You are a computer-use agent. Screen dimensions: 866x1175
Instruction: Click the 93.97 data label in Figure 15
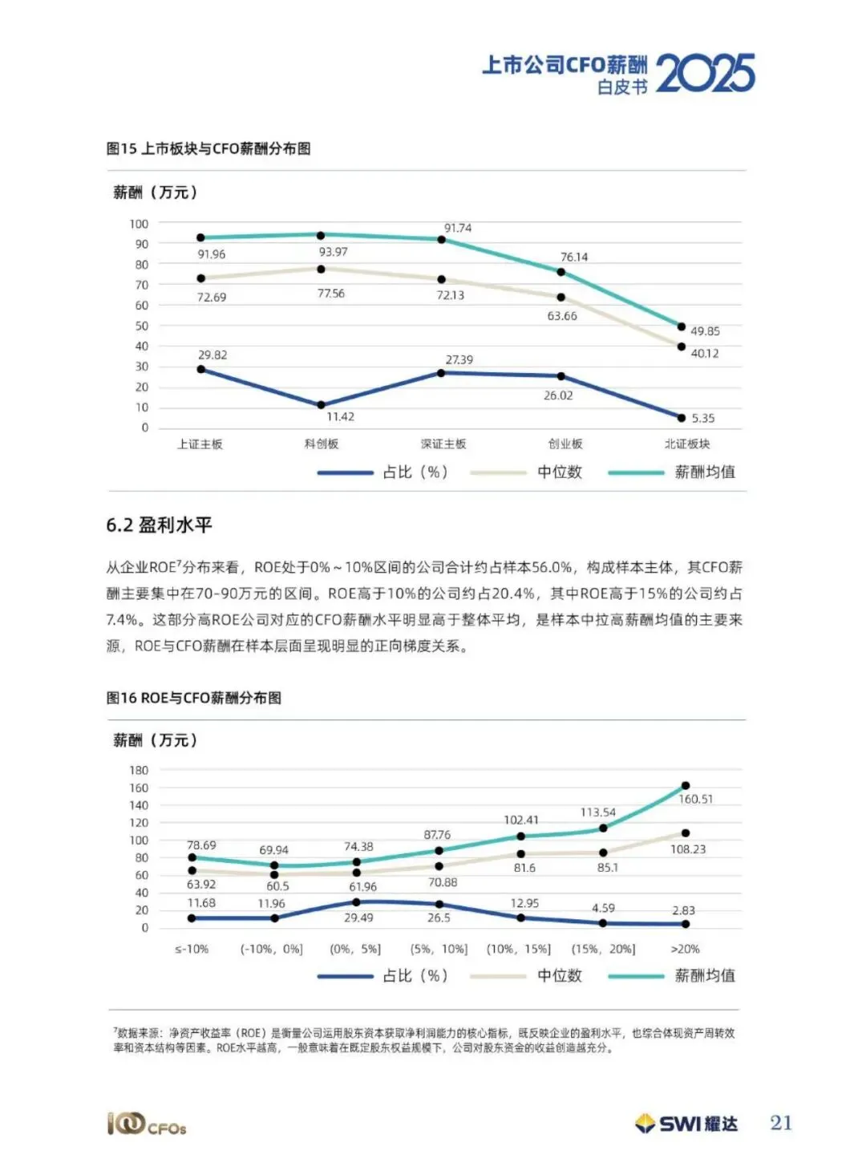[333, 252]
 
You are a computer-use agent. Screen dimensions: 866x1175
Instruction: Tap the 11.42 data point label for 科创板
[341, 416]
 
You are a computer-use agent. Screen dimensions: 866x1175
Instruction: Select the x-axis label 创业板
[565, 444]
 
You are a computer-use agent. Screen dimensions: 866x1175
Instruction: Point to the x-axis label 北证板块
[687, 444]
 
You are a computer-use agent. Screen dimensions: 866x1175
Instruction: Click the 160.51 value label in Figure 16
[695, 799]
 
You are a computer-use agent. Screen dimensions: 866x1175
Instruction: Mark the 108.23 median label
[688, 849]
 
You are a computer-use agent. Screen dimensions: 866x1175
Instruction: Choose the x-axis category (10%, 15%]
[519, 948]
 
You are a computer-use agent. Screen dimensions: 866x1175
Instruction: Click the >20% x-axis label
[685, 948]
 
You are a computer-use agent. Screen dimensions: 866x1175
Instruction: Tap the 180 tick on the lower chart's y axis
[139, 770]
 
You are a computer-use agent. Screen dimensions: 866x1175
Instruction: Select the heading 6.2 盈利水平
[159, 525]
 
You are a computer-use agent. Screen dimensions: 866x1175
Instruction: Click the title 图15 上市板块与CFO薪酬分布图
[208, 149]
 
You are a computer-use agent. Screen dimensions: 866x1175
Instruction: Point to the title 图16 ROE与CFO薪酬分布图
[193, 698]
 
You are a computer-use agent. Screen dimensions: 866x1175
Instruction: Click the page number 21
[781, 1123]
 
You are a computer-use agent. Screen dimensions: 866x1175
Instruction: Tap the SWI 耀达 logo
[686, 1124]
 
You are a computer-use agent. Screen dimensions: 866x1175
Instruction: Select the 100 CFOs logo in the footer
[147, 1124]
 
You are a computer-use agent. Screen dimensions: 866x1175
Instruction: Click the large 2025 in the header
[706, 74]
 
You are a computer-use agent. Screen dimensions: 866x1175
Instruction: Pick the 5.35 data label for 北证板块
[703, 418]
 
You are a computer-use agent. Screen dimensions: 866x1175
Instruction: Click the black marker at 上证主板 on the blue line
[201, 369]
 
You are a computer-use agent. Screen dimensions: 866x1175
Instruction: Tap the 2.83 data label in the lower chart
[683, 910]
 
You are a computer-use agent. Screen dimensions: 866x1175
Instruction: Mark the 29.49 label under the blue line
[358, 918]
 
